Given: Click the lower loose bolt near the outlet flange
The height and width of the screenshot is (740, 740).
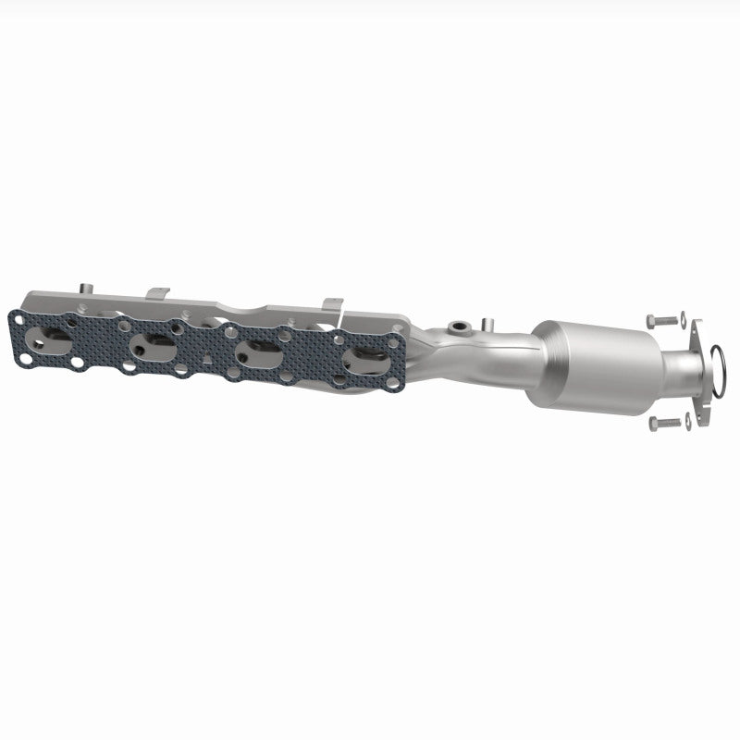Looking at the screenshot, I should click(661, 423).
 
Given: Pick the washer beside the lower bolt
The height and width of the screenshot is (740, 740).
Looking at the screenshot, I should click(687, 424).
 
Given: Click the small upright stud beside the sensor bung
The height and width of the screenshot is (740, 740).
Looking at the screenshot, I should click(484, 323).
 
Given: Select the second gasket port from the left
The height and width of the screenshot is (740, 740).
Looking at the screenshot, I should click(153, 345).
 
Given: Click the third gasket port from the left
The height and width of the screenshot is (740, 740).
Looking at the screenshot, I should click(259, 353).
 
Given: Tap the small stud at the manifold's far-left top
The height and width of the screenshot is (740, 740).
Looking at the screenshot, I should click(82, 286).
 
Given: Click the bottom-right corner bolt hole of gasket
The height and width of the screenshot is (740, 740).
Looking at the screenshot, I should click(394, 381).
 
